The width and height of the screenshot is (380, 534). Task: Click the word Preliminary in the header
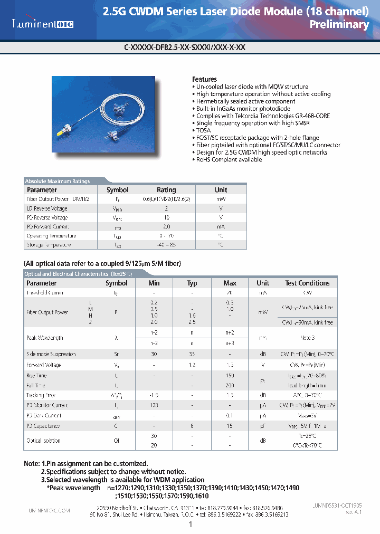[339, 25]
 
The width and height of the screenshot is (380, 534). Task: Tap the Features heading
[204, 79]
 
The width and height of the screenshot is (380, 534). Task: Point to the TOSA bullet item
[203, 130]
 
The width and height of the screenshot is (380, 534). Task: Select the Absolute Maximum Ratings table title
[58, 181]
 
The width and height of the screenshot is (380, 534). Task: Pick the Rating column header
[166, 190]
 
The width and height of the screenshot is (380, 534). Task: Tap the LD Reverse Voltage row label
[47, 208]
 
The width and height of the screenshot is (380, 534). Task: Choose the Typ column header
[192, 283]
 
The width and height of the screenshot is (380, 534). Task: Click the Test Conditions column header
[307, 283]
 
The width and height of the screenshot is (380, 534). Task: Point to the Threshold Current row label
[45, 292]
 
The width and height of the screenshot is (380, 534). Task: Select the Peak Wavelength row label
[45, 338]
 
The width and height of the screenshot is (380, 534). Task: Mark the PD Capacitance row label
[43, 426]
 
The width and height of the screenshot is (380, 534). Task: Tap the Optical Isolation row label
[43, 441]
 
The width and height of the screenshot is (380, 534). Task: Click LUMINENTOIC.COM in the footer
[48, 511]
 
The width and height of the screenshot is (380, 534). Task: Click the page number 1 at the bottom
[190, 525]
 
